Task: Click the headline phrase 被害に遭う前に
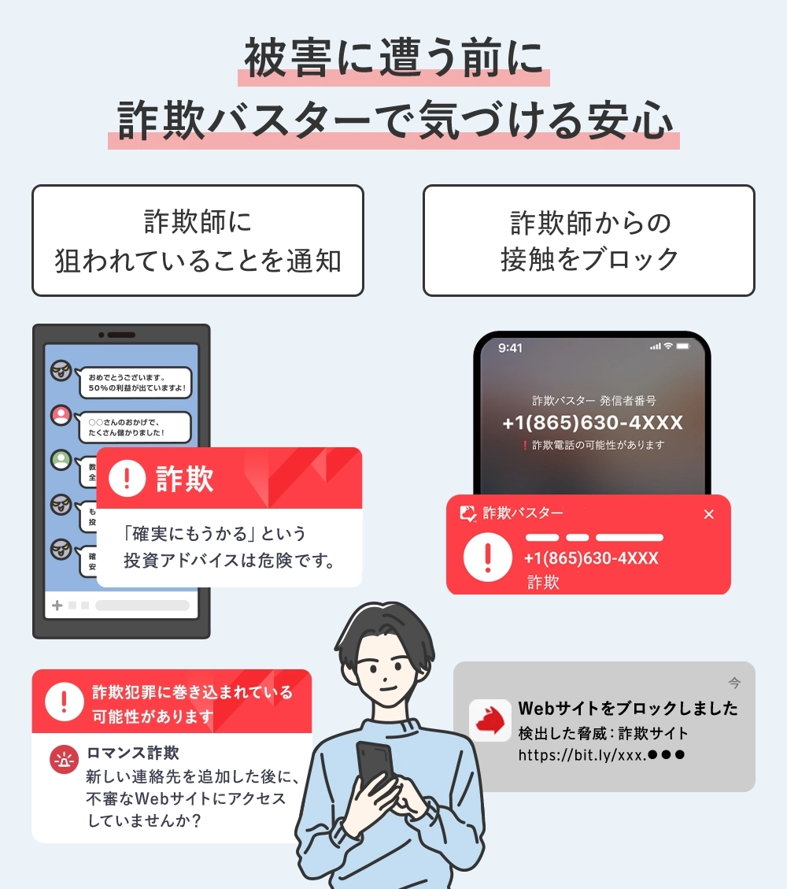(x=393, y=59)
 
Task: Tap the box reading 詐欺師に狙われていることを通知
(x=198, y=240)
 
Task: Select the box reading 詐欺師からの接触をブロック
(x=589, y=240)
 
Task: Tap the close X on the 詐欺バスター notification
(x=708, y=514)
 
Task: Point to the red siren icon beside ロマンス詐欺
(x=64, y=760)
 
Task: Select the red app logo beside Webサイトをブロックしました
(x=490, y=720)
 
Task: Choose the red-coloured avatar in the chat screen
(x=61, y=414)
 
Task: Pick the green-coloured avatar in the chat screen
(x=61, y=459)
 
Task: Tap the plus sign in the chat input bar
(x=57, y=606)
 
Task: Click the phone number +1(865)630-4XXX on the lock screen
(x=592, y=423)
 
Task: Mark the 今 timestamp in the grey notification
(x=733, y=682)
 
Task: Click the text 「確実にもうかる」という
(x=215, y=534)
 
